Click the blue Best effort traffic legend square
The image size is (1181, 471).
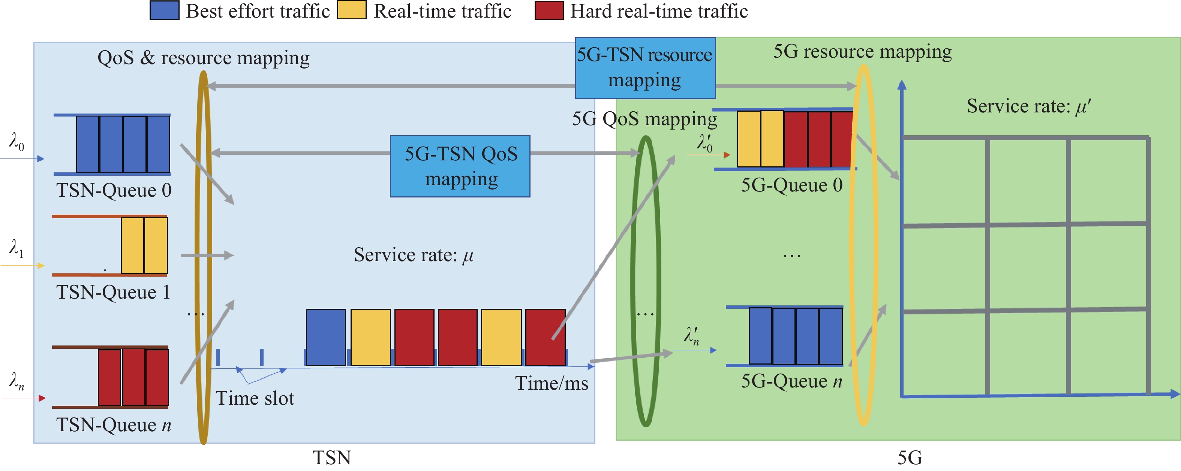[x=164, y=10]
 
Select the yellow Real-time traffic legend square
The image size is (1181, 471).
[x=352, y=10]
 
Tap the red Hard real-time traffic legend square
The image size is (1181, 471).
[x=549, y=10]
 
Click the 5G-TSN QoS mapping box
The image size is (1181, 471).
[x=460, y=166]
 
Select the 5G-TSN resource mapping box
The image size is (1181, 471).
[x=645, y=68]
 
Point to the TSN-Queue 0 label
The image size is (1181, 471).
[x=114, y=190]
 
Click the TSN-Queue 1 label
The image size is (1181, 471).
[x=113, y=292]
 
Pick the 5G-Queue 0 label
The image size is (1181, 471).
[x=792, y=185]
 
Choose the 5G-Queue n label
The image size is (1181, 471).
[x=792, y=381]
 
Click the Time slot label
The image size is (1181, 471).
[x=255, y=398]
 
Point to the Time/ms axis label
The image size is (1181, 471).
[x=552, y=383]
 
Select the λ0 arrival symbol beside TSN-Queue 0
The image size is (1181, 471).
[x=16, y=142]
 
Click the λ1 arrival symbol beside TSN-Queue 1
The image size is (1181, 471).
[x=16, y=248]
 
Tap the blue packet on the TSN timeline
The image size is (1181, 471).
[x=325, y=337]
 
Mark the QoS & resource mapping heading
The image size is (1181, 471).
[x=204, y=58]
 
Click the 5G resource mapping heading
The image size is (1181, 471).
[x=862, y=52]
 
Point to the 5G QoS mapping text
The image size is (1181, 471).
[x=644, y=119]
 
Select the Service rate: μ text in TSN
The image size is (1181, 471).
[x=414, y=255]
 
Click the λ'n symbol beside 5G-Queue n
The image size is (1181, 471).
[x=692, y=336]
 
